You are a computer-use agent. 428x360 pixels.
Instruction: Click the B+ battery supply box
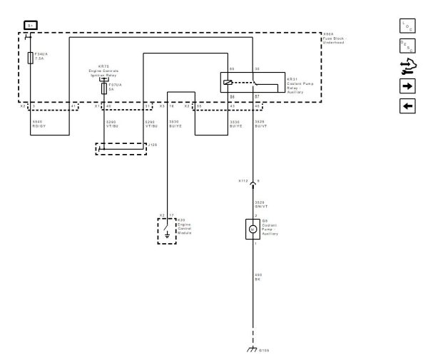point(29,24)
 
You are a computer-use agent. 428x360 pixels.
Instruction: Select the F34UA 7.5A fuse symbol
point(29,57)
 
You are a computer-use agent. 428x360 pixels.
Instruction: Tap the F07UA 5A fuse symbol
point(105,90)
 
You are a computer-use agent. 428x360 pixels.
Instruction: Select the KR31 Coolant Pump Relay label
point(295,83)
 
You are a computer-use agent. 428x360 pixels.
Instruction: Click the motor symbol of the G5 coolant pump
point(253,230)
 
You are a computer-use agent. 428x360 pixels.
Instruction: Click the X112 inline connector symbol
point(253,181)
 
